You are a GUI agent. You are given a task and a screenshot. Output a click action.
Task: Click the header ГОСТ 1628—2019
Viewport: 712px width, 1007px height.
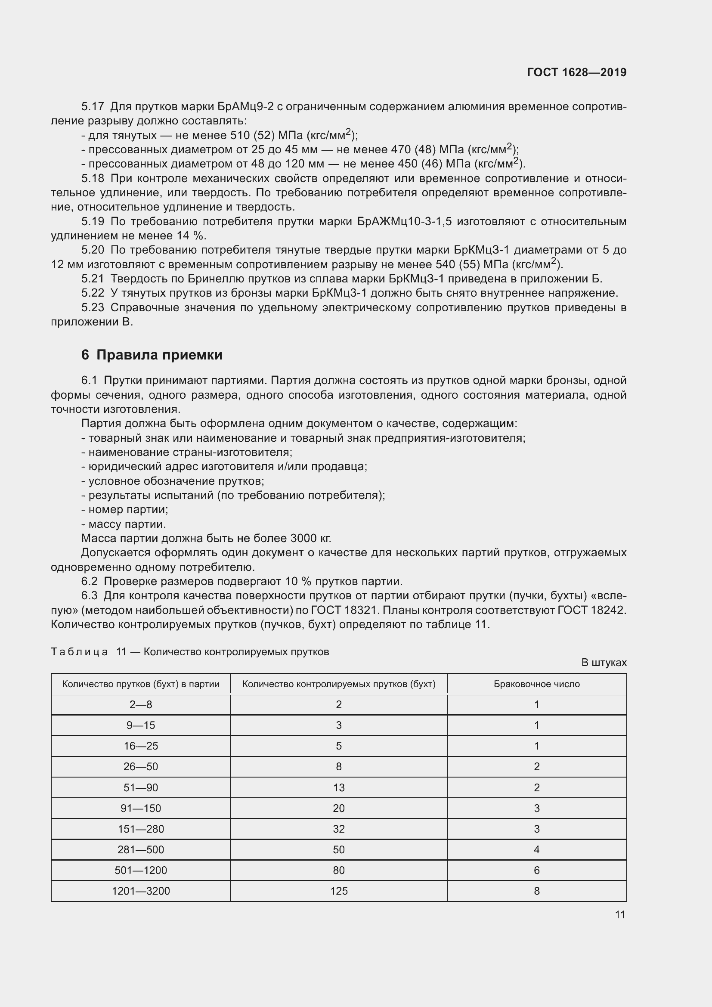click(x=576, y=72)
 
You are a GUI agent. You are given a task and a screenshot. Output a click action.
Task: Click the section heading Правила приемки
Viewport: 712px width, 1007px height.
click(x=159, y=355)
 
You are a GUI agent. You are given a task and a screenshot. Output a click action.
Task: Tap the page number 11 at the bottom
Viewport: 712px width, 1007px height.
click(x=619, y=914)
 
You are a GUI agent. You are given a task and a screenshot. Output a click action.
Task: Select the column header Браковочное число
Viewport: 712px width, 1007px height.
click(x=537, y=684)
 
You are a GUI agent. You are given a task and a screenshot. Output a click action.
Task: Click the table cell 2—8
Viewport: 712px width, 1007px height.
click(x=141, y=704)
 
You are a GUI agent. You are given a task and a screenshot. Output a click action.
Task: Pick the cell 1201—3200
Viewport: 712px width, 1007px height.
click(x=141, y=891)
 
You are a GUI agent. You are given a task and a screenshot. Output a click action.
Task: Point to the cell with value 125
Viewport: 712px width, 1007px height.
click(x=339, y=891)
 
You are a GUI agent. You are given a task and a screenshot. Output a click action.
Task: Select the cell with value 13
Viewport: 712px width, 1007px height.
click(x=339, y=787)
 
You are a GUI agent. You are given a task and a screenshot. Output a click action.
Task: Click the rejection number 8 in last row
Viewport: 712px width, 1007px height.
click(x=537, y=891)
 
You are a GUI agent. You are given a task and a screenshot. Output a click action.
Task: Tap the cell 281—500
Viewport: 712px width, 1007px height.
click(x=141, y=849)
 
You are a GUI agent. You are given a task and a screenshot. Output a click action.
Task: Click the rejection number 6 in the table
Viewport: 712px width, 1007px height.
click(x=537, y=870)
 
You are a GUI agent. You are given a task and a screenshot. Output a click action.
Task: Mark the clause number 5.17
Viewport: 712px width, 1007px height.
click(x=92, y=107)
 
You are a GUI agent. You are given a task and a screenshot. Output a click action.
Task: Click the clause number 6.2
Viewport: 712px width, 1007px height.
click(x=89, y=582)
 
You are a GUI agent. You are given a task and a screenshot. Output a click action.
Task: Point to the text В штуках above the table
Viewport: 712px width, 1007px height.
click(x=604, y=662)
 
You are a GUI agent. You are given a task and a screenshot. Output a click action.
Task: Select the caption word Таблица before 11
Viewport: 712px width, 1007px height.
click(x=79, y=652)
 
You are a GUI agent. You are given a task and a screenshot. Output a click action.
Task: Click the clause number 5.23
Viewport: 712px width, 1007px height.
click(x=92, y=307)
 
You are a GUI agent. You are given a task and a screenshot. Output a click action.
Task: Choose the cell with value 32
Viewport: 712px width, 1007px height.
click(x=339, y=829)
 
